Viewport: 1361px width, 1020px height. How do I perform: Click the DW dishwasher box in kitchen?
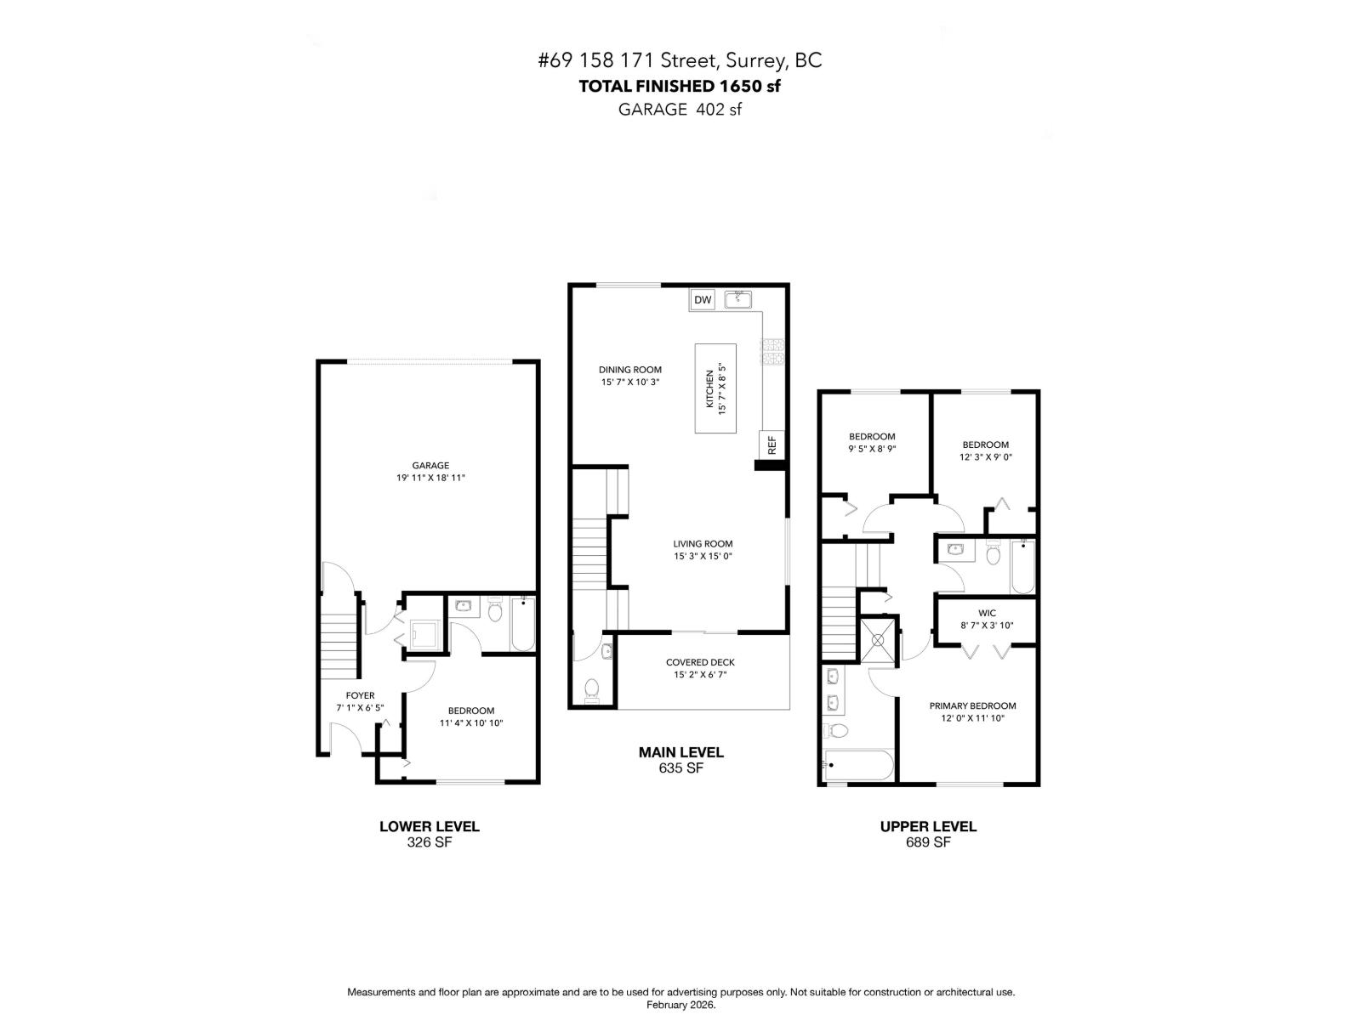[702, 300]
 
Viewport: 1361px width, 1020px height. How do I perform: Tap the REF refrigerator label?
[772, 445]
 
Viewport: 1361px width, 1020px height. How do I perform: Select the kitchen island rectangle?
[715, 388]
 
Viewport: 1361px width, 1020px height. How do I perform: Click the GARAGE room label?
[430, 465]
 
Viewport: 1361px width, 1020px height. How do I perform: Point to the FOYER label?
[361, 695]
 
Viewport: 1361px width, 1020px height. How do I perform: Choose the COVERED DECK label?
[700, 662]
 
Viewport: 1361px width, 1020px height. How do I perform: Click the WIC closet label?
[987, 613]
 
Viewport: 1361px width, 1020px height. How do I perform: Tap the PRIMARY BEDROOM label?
[972, 705]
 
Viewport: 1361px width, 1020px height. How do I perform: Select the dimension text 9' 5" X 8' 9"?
[872, 449]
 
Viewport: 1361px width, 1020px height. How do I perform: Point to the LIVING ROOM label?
[703, 544]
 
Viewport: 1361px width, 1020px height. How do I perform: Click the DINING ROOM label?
[629, 370]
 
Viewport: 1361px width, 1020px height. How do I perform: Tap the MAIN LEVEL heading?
[680, 752]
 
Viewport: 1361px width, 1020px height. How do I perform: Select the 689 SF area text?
[928, 842]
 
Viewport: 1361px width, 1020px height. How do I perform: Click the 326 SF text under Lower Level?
[429, 842]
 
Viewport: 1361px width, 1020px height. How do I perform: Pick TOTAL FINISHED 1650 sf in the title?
[680, 86]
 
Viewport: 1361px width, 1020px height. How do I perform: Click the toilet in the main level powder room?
[593, 688]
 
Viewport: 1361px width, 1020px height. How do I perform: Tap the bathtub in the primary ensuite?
[858, 764]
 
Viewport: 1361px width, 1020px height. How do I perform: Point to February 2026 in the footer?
[680, 1005]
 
